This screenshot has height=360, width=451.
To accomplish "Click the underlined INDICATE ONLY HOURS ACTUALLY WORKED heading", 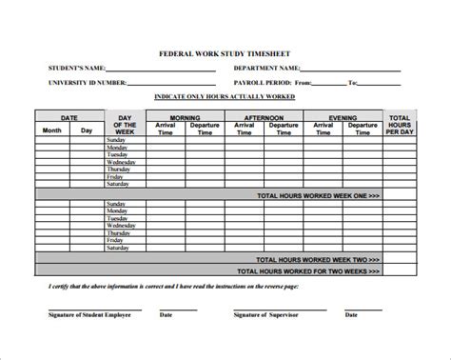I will [225, 97].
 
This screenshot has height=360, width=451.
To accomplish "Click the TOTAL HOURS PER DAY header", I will [399, 123].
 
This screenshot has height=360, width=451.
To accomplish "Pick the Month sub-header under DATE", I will [51, 130].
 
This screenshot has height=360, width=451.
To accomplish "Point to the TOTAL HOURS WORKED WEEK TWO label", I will [317, 259].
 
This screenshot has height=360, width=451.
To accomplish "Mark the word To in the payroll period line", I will [352, 82].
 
